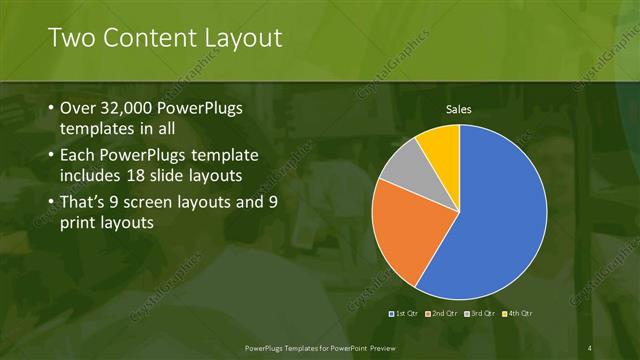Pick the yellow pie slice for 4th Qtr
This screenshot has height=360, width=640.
pos(440,145)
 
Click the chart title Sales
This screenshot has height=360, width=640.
pos(459,109)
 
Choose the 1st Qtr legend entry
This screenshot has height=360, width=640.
pos(403,314)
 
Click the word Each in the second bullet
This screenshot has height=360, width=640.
pos(79,156)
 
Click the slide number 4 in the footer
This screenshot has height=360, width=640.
pos(590,347)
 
